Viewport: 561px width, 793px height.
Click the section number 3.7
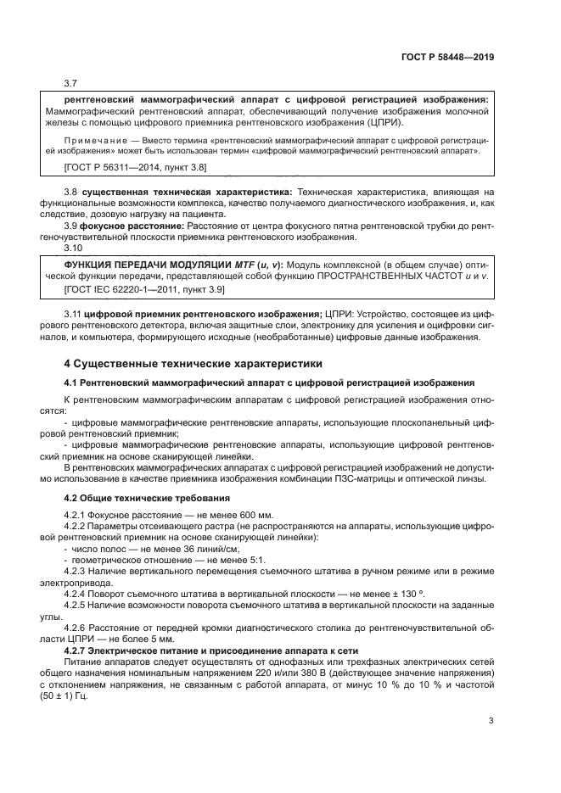[x=71, y=84]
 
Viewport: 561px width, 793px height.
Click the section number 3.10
[x=74, y=249]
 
